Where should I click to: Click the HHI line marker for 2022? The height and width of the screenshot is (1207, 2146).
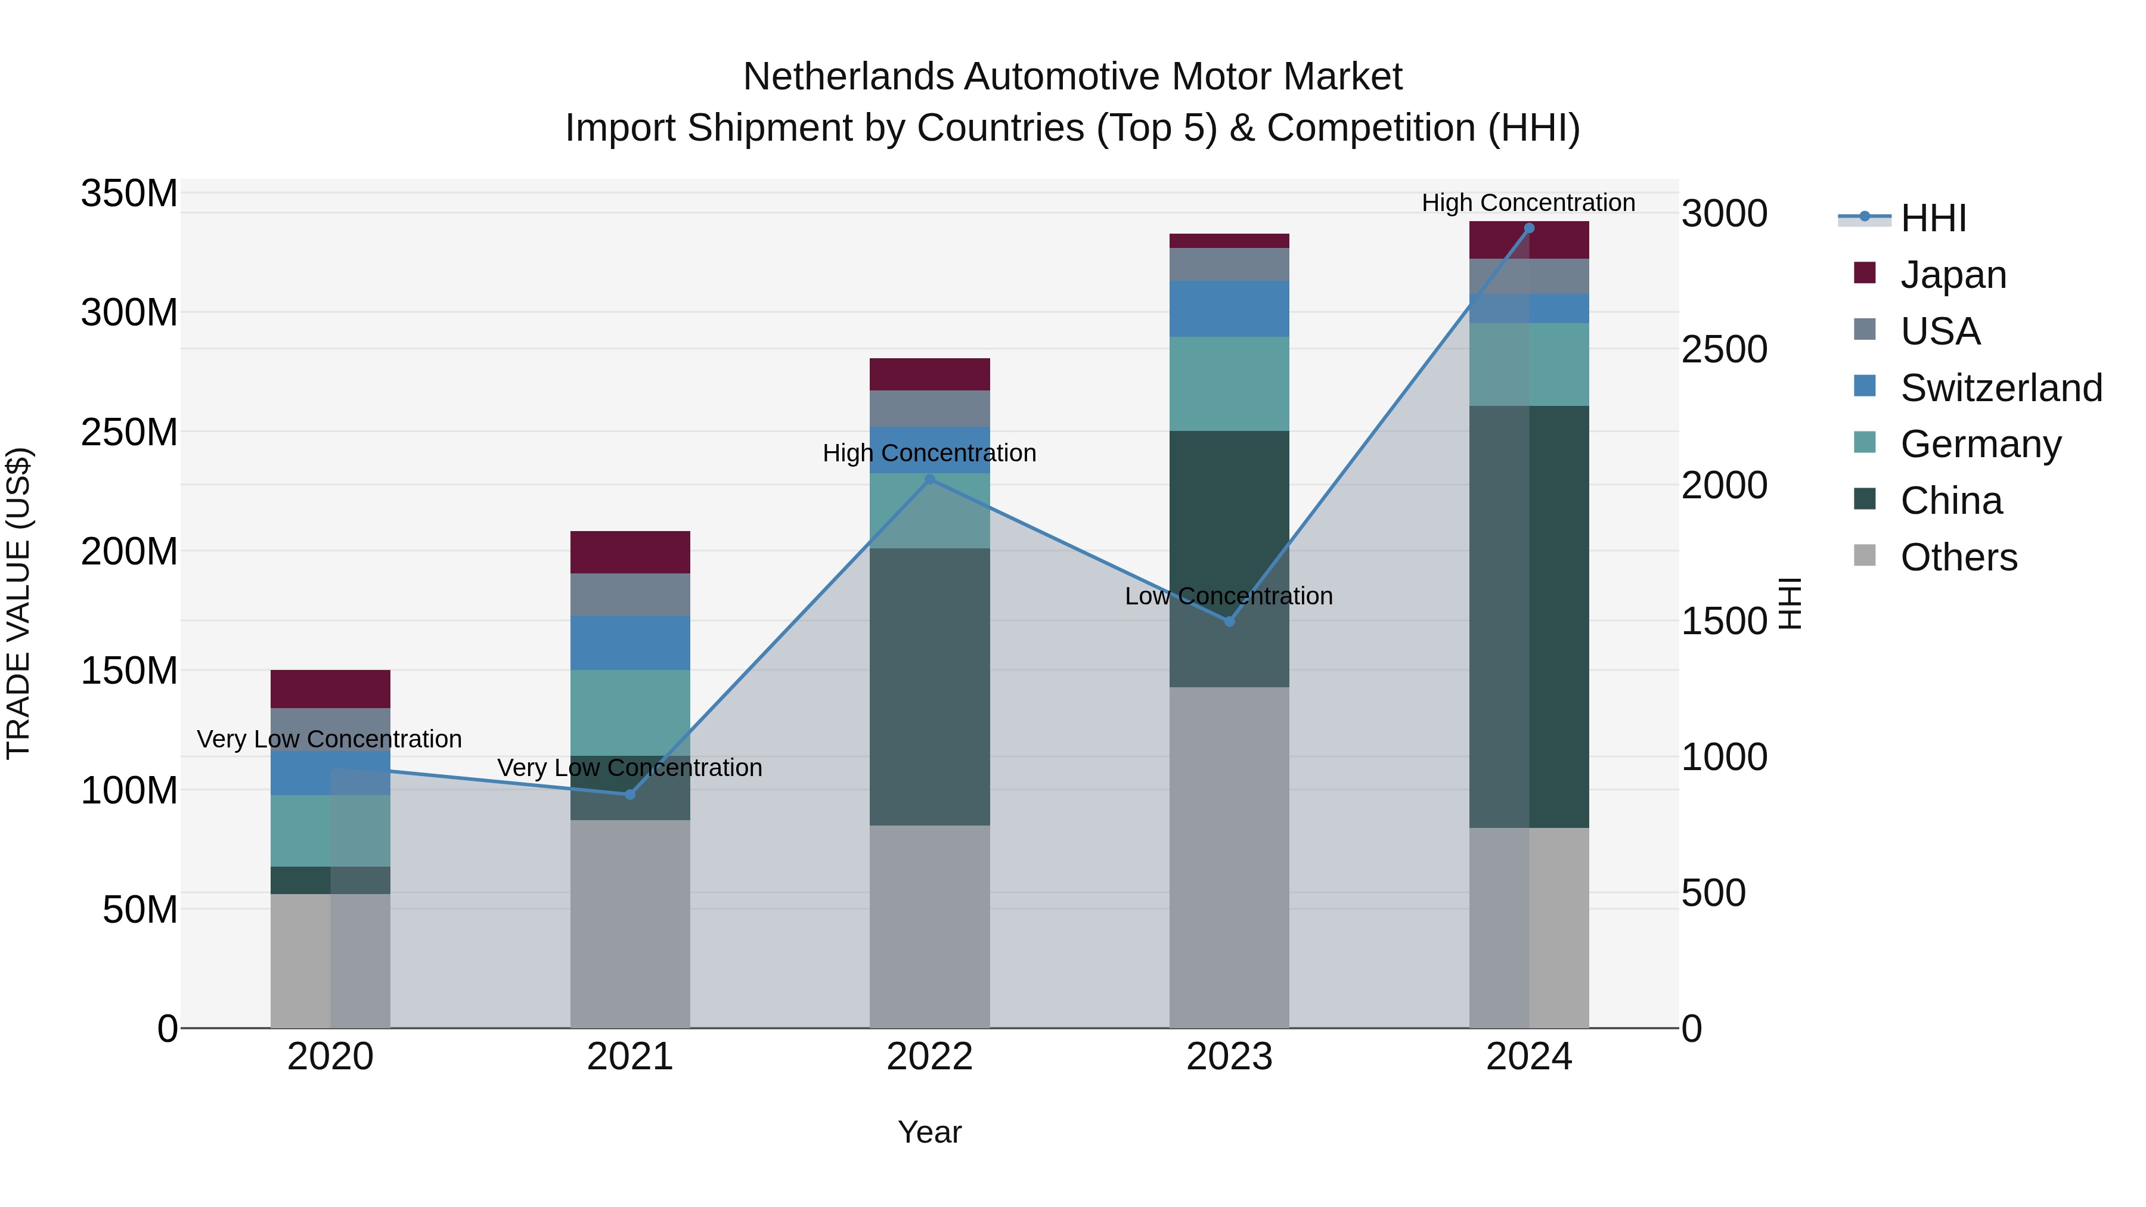930,479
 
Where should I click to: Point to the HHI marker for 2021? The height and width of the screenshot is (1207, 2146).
630,795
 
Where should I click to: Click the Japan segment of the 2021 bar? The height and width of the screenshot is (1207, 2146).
630,551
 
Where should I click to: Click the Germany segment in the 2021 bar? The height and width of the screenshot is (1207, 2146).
630,712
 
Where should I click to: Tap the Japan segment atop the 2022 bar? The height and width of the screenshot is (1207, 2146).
930,374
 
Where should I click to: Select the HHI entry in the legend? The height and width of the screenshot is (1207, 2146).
1933,218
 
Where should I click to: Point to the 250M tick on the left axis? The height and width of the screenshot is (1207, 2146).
129,432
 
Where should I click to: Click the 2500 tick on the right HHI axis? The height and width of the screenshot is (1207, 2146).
1723,350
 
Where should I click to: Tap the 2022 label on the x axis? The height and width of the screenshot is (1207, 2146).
930,1057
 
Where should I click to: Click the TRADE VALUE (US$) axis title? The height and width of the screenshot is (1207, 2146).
18,603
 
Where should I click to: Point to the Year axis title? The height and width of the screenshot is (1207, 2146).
930,1132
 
